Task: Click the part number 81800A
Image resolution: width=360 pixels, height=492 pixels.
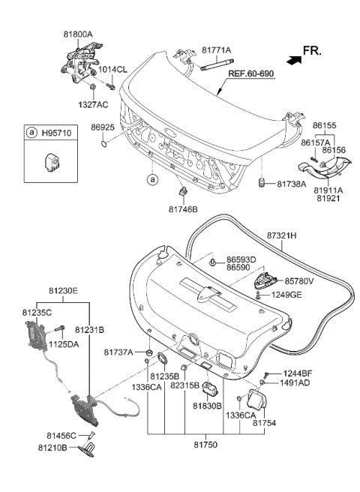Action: click(x=78, y=34)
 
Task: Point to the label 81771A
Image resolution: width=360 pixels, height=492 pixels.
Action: click(x=217, y=50)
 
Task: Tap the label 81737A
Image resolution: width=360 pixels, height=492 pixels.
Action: click(x=118, y=352)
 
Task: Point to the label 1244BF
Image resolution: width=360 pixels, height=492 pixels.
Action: click(x=298, y=373)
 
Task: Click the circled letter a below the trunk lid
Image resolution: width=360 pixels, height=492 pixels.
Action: click(x=152, y=181)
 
